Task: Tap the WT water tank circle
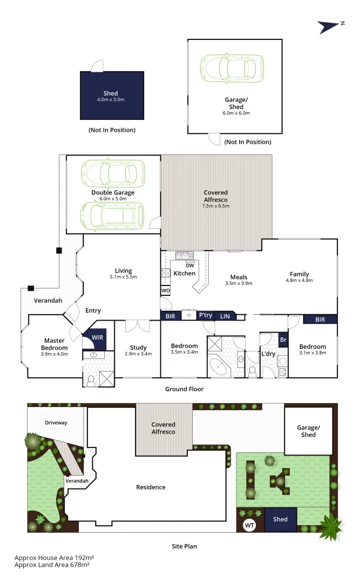pos(249,525)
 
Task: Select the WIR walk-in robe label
pos(98,337)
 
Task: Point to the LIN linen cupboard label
pos(225,316)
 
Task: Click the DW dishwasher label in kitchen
pos(189,265)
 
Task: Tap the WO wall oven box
pos(166,291)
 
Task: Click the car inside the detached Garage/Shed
pos(228,69)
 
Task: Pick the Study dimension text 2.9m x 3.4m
pos(138,354)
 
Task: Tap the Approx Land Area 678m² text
pos(52,565)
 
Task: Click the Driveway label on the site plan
pos(56,423)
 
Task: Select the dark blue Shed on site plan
pos(280,519)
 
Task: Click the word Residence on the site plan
pos(151,487)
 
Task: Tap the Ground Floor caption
pos(184,389)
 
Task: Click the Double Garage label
pos(113,193)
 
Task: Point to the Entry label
pos(93,310)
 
